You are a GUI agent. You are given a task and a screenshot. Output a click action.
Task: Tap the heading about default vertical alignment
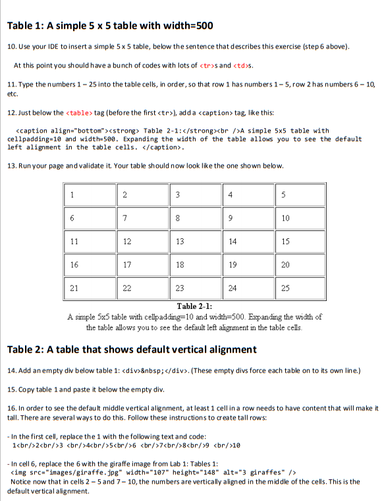[x=132, y=349]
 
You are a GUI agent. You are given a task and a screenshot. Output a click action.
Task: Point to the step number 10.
[x=11, y=48]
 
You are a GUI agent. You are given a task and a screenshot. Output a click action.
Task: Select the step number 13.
[x=11, y=159]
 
